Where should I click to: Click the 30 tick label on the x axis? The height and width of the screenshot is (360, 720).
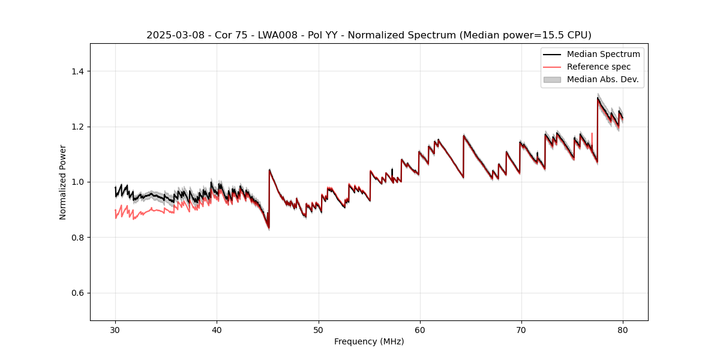point(115,329)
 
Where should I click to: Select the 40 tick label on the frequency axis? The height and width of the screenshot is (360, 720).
point(217,329)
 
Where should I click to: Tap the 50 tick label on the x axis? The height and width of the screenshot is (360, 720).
point(319,329)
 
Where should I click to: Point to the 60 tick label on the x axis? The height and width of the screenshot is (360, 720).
point(420,329)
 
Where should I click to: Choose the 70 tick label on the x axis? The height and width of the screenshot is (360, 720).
point(521,329)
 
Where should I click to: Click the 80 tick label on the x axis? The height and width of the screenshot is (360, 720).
point(623,329)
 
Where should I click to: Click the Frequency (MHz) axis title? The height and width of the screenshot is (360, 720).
point(369,341)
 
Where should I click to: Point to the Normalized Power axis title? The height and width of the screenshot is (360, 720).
point(63,182)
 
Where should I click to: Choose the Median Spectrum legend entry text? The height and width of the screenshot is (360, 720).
point(603,54)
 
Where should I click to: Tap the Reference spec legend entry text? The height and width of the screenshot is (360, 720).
point(598,67)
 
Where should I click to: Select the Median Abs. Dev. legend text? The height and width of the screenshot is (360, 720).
point(602,79)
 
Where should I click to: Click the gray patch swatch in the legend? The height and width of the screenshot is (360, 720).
point(552,79)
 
